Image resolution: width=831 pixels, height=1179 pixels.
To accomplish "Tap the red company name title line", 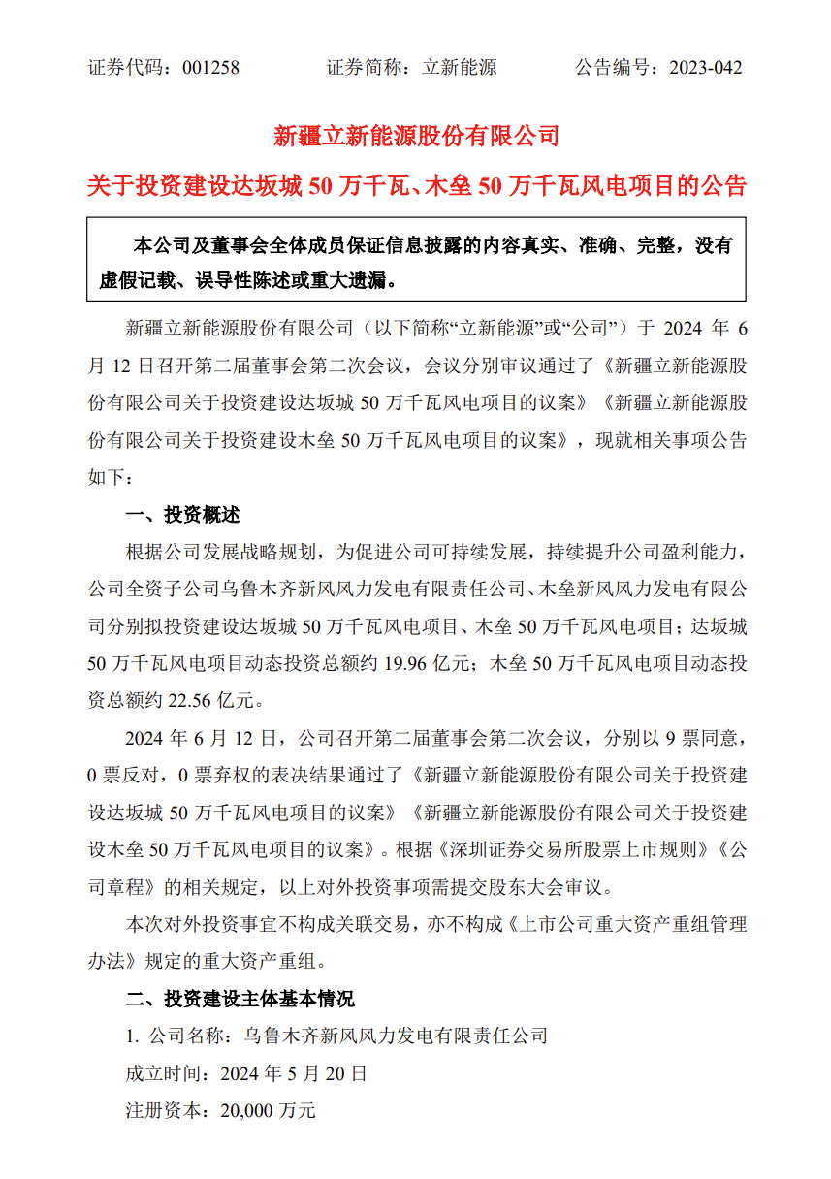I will click(416, 136).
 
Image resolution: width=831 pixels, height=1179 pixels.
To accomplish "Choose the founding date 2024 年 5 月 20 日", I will click(294, 1073).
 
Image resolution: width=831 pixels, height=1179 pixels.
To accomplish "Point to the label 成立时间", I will click(162, 1073).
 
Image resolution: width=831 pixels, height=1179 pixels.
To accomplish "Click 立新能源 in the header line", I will click(461, 68).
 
